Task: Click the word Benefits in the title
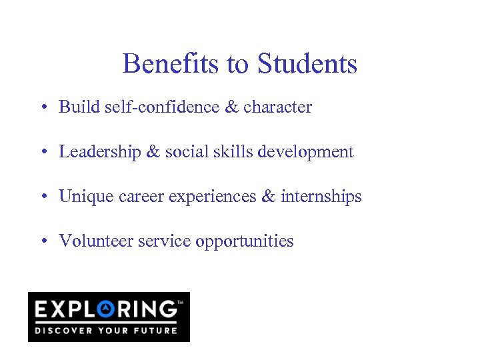pyautogui.click(x=171, y=64)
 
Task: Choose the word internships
pyautogui.click(x=321, y=196)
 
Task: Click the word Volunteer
pyautogui.click(x=96, y=241)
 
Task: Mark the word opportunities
pyautogui.click(x=244, y=241)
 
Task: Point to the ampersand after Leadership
pyautogui.click(x=153, y=151)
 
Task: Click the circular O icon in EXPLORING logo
pyautogui.click(x=107, y=309)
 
